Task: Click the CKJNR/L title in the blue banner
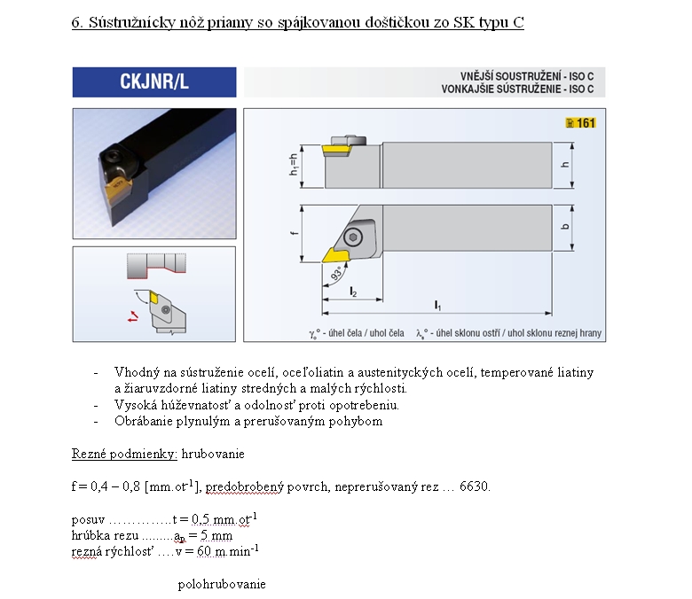154,82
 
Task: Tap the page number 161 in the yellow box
586,123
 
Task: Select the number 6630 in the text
474,486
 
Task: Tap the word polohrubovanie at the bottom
222,584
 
